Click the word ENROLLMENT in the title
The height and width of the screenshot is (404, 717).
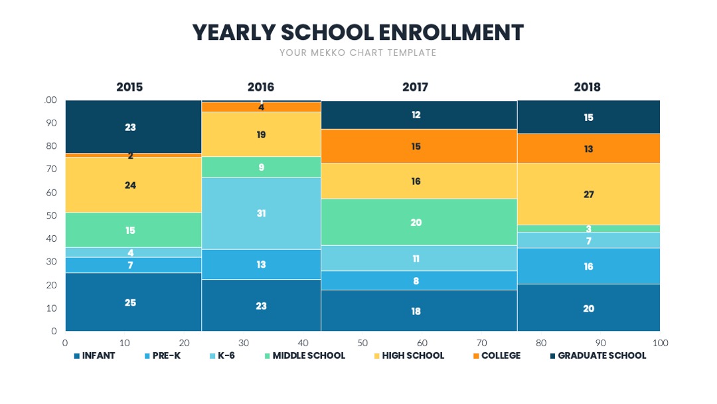[x=451, y=33]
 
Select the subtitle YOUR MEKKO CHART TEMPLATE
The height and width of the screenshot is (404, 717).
[x=358, y=52]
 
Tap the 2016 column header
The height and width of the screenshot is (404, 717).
[x=261, y=87]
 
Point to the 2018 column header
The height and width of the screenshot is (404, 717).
[x=587, y=87]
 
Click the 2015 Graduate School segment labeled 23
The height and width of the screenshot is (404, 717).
[x=133, y=127]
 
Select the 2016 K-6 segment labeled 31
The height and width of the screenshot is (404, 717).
[x=261, y=213]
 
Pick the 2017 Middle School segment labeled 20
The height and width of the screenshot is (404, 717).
[x=419, y=222]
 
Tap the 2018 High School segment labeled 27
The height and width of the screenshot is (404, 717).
[x=588, y=194]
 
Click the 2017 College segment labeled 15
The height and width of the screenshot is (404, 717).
[x=419, y=146]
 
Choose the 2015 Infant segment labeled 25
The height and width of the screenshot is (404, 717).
[x=133, y=302]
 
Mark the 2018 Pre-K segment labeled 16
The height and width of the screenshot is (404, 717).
[x=588, y=266]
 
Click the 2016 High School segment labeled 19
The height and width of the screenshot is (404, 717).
[x=261, y=134]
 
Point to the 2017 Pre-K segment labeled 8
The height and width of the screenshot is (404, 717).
[x=419, y=280]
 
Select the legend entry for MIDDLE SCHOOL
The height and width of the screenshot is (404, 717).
[x=305, y=355]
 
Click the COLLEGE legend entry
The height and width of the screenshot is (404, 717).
[x=497, y=355]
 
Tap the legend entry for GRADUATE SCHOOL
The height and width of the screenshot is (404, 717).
[x=598, y=355]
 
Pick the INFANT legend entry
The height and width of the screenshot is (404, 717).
[x=94, y=355]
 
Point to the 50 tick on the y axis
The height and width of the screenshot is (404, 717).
[x=51, y=215]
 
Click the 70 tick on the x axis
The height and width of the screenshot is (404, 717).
[x=481, y=343]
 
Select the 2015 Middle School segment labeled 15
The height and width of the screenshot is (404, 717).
[x=133, y=230]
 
